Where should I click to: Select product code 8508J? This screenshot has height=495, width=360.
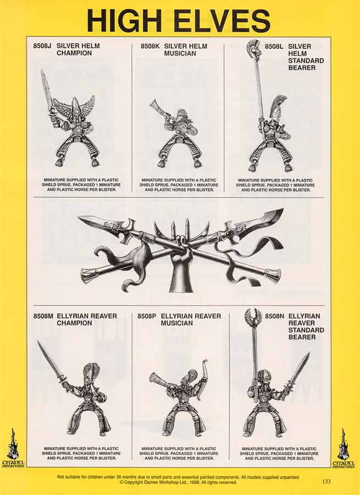(x=42, y=46)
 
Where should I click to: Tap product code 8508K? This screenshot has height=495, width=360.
(x=150, y=46)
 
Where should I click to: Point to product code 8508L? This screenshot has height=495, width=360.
(x=274, y=46)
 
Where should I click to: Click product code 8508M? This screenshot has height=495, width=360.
(x=43, y=316)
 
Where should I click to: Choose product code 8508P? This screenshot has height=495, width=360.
(x=147, y=316)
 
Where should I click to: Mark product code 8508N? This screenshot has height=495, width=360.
(x=274, y=316)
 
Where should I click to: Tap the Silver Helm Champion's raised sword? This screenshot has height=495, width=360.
(x=47, y=90)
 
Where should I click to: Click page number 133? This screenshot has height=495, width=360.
(x=326, y=481)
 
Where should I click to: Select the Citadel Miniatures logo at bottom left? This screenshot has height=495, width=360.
(x=13, y=448)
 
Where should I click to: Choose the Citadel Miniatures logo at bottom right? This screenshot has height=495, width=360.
(x=344, y=448)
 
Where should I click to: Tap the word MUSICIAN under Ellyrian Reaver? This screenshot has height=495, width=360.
(x=176, y=323)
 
